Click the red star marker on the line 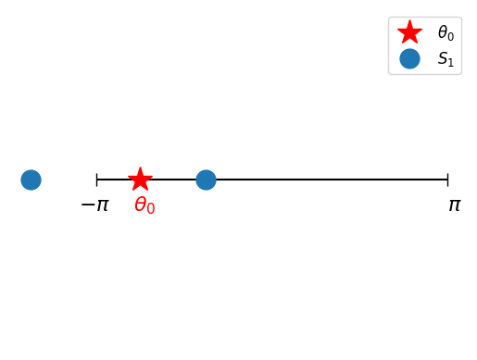(140, 179)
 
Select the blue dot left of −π (31, 180)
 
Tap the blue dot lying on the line (206, 180)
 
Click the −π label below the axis (94, 205)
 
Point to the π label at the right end (454, 205)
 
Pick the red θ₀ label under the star (144, 205)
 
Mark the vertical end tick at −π (96, 180)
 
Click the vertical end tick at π (447, 180)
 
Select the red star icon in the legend (409, 32)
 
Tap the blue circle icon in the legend (409, 58)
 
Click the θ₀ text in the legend (446, 33)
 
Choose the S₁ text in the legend (446, 59)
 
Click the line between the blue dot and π (324, 180)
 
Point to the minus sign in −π (87, 205)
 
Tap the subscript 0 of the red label (151, 210)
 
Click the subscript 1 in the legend (451, 63)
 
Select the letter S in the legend (443, 58)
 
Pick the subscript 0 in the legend (450, 37)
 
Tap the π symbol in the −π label (102, 205)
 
